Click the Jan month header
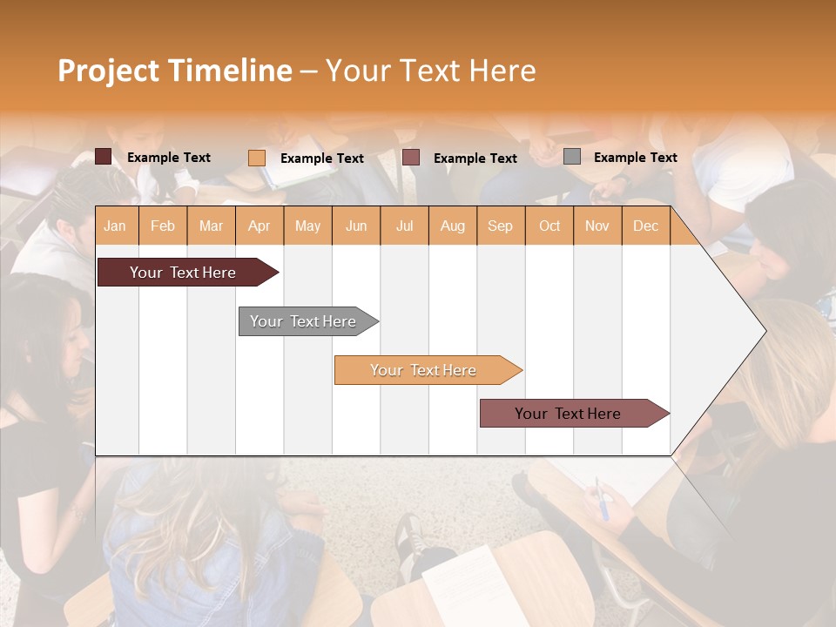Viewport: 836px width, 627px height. coord(115,226)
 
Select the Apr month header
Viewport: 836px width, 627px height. coord(259,226)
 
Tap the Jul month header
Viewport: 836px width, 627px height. coord(404,226)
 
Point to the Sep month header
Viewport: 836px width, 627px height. coord(500,226)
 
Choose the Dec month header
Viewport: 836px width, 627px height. coord(645,226)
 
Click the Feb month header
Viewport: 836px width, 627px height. coord(163,226)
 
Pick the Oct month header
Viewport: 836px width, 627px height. coord(549,226)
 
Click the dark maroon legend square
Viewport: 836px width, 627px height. coord(104,157)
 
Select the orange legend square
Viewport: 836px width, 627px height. coord(257,158)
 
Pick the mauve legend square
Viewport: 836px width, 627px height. coord(411,157)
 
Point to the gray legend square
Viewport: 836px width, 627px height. coord(572,157)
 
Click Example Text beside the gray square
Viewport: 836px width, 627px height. coord(635,158)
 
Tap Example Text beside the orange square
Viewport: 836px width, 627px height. coord(321,158)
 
